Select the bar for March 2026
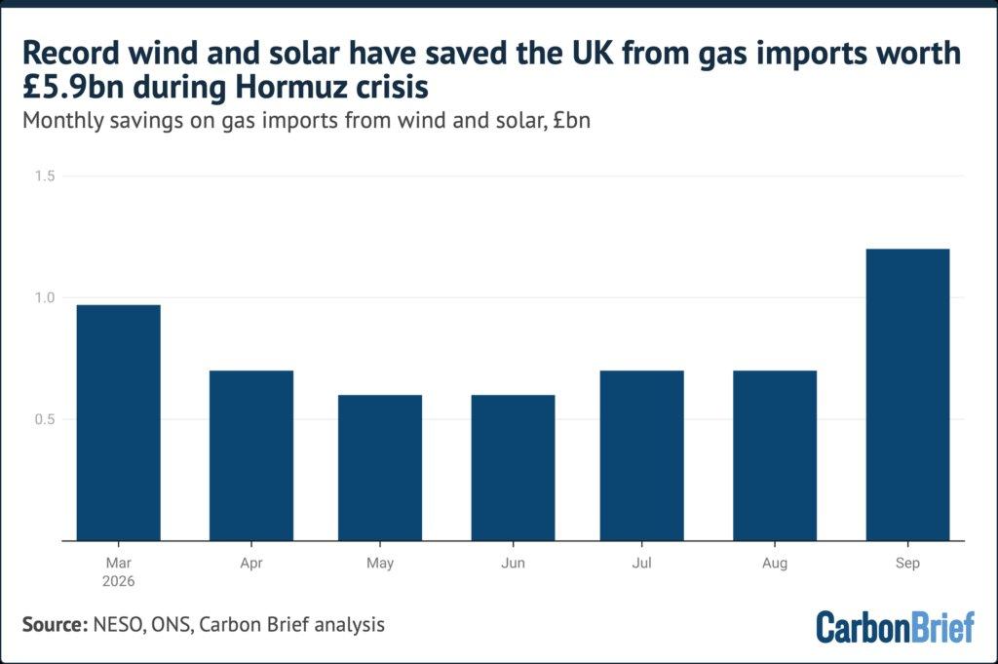(x=118, y=423)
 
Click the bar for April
(x=251, y=455)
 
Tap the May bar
(x=380, y=468)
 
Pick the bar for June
(x=513, y=468)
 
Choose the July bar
(x=641, y=455)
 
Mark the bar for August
(x=775, y=455)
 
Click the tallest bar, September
(x=907, y=395)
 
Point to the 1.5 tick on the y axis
(x=45, y=176)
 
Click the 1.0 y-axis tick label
(x=45, y=297)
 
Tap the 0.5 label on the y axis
(x=45, y=419)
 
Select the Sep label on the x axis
(x=907, y=564)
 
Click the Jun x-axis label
(x=513, y=563)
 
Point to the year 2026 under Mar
(x=118, y=581)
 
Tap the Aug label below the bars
(x=775, y=564)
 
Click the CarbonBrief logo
(x=895, y=627)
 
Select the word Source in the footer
(x=55, y=625)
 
